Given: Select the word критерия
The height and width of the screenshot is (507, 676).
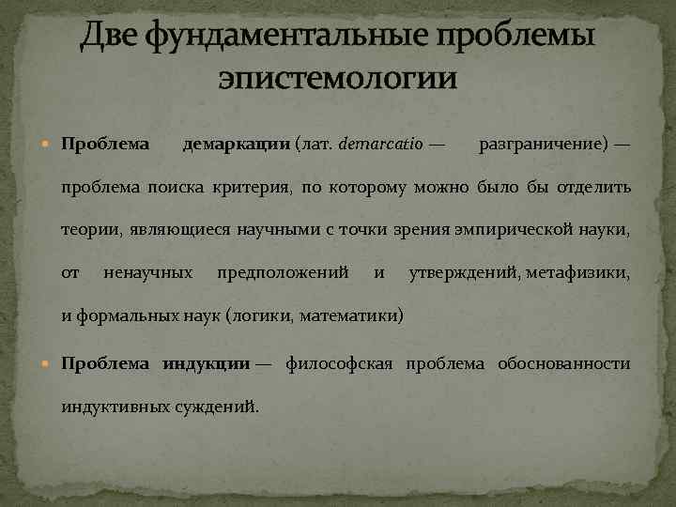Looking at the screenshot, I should point(248,187).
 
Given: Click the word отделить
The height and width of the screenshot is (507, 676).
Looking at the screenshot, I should point(593,187).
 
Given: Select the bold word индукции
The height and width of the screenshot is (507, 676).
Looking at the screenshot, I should point(206,363).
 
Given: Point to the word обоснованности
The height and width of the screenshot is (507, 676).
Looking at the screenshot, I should point(567,363).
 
